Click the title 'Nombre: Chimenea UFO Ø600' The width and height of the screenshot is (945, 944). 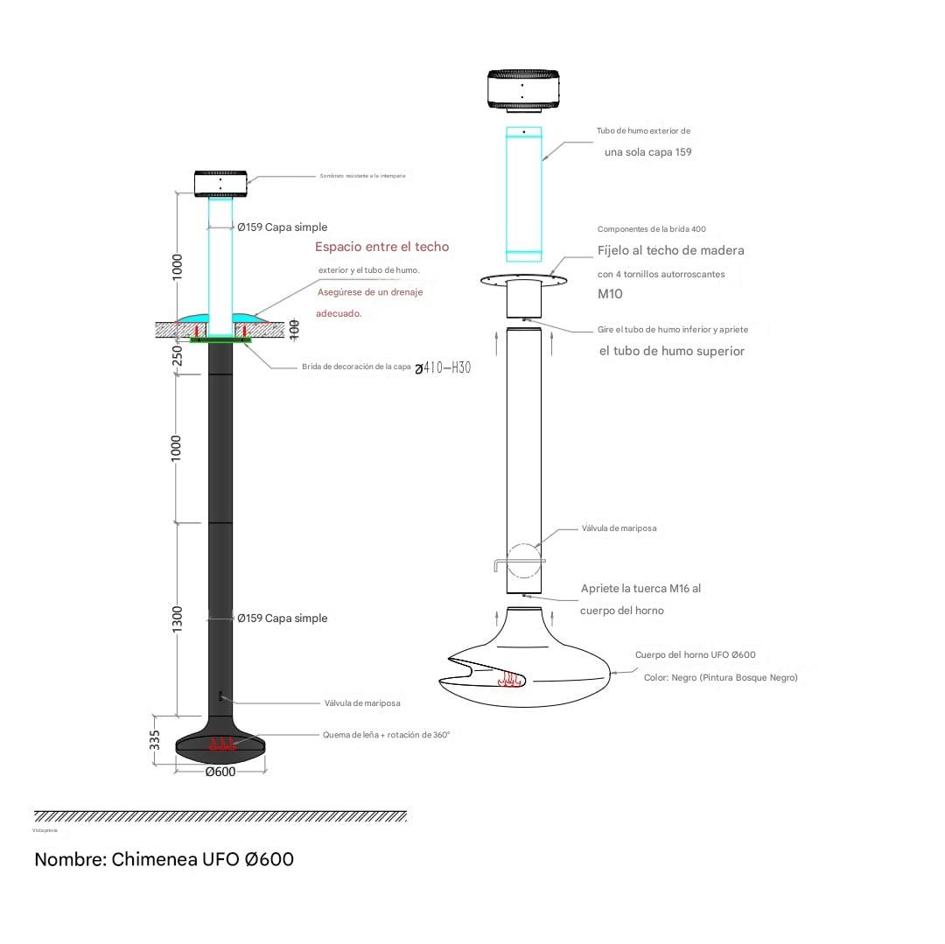pos(164,859)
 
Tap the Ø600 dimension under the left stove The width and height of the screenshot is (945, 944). pos(220,772)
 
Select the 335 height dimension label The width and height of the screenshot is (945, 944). pos(155,740)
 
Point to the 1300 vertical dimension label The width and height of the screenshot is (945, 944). pos(178,619)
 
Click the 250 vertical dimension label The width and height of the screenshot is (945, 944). pos(178,355)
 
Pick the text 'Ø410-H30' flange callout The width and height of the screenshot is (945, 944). pos(443,367)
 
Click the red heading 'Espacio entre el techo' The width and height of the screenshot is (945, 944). pos(381,247)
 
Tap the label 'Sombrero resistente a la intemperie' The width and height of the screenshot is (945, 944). pos(362,176)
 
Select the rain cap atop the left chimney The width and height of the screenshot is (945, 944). pos(220,183)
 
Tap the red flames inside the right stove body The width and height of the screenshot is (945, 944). pos(510,678)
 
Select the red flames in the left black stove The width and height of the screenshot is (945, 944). pos(222,745)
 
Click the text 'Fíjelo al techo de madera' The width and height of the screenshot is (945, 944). pos(671,250)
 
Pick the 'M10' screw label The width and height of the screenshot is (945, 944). pos(610,294)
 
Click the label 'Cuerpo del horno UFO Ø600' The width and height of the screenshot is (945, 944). pos(695,654)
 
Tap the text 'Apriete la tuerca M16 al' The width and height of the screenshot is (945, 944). pos(640,589)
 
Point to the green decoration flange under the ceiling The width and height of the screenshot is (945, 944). pos(220,339)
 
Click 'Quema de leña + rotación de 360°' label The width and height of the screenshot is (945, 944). pos(386,735)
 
